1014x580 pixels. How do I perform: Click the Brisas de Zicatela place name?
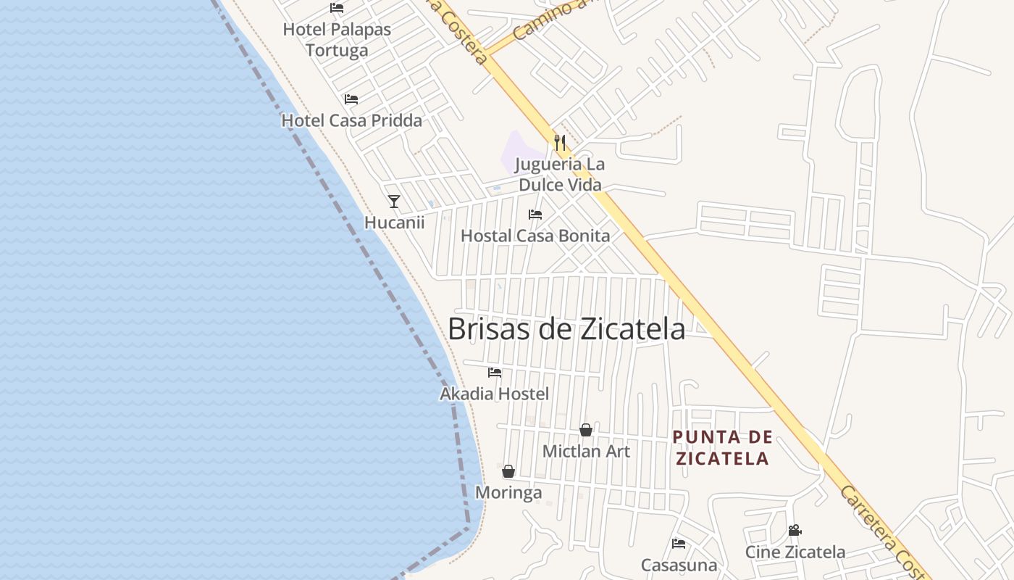click(566, 329)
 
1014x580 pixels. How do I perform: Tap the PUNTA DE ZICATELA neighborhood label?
click(721, 447)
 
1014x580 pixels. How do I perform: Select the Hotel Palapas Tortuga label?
click(337, 40)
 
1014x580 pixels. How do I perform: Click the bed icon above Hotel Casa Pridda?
click(351, 99)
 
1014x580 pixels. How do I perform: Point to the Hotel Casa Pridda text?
click(351, 120)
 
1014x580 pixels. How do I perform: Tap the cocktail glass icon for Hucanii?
click(394, 201)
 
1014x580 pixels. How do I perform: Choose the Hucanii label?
click(394, 222)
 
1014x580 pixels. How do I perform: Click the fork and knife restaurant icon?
click(559, 142)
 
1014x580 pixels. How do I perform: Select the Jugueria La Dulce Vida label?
click(561, 174)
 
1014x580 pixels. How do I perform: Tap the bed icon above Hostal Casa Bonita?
click(535, 215)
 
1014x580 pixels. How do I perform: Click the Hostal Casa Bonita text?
click(535, 236)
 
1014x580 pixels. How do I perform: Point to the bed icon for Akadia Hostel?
click(495, 373)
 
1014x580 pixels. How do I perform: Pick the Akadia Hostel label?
click(495, 394)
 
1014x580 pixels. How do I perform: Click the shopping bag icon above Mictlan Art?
click(586, 430)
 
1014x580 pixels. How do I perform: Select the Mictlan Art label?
click(586, 451)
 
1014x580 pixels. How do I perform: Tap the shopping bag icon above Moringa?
click(508, 471)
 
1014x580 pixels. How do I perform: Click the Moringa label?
click(508, 493)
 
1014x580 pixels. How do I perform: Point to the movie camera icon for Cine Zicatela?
click(795, 531)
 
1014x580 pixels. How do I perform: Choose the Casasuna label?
click(679, 565)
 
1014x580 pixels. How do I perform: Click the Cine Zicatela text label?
click(795, 552)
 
